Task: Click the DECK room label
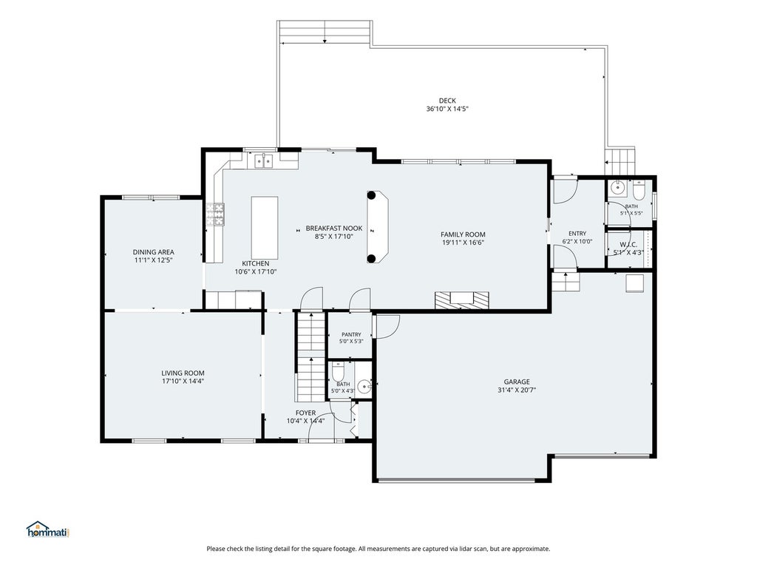[x=447, y=101]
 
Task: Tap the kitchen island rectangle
[x=265, y=228]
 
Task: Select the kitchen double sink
[x=264, y=160]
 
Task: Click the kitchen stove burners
[x=215, y=214]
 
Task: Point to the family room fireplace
[x=462, y=300]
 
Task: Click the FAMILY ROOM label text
[x=463, y=234]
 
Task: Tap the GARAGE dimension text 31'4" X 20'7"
[x=517, y=390]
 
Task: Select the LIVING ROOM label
[x=183, y=373]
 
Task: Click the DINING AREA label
[x=154, y=251]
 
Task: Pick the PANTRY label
[x=351, y=334]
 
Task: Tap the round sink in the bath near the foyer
[x=364, y=386]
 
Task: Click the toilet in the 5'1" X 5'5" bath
[x=638, y=190]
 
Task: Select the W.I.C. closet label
[x=628, y=244]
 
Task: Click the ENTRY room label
[x=577, y=233]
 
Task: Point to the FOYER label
[x=305, y=413]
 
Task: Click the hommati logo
[x=48, y=530]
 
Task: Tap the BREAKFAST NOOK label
[x=334, y=228]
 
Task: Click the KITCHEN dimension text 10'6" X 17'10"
[x=255, y=271]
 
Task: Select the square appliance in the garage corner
[x=634, y=283]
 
